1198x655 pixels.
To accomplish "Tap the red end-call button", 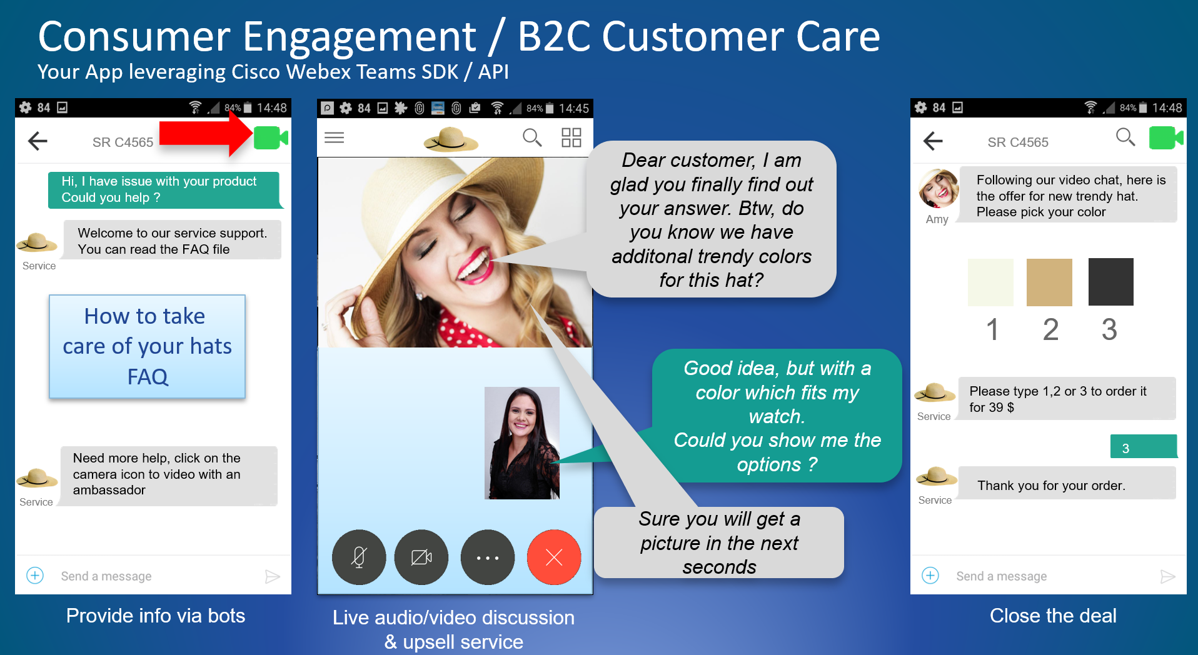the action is pyautogui.click(x=554, y=557).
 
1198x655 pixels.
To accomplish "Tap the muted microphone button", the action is pyautogui.click(x=359, y=557).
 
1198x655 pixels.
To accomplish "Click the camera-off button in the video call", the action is pyautogui.click(x=421, y=557).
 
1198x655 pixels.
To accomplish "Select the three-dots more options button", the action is pyautogui.click(x=488, y=557).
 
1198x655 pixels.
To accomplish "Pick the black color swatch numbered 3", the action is pyautogui.click(x=1111, y=282).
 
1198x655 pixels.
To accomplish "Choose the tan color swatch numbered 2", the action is pyautogui.click(x=1049, y=282).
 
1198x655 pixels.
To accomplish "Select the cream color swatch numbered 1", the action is pyautogui.click(x=990, y=282).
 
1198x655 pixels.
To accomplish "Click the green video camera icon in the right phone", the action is pyautogui.click(x=1166, y=138).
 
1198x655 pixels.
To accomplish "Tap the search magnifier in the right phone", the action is pyautogui.click(x=1125, y=137).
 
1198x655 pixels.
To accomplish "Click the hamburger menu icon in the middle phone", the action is pyautogui.click(x=335, y=137).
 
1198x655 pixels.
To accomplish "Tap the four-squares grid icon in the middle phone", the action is pyautogui.click(x=571, y=137).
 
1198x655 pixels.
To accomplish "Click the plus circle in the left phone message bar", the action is pyautogui.click(x=35, y=576).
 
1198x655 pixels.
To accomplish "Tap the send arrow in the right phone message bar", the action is pyautogui.click(x=1167, y=576).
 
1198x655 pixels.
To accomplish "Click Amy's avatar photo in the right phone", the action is pyautogui.click(x=939, y=188).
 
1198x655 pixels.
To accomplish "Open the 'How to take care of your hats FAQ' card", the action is pyautogui.click(x=148, y=346).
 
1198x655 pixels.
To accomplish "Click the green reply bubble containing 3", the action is pyautogui.click(x=1144, y=447).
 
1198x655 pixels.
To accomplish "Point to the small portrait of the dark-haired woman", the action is pyautogui.click(x=522, y=443).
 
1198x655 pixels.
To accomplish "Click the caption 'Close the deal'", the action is pyautogui.click(x=1053, y=616).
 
